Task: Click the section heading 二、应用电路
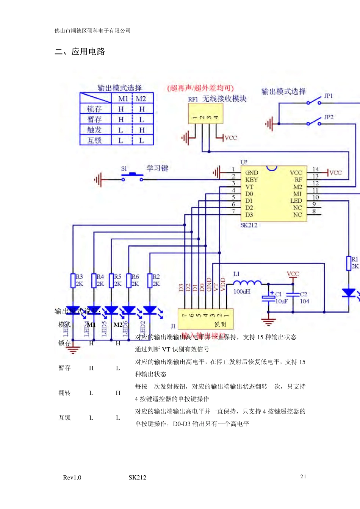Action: [80, 52]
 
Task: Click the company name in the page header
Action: [92, 31]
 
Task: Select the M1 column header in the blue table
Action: [123, 98]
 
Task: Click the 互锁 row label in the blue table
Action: [94, 141]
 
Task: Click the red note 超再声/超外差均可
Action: [200, 88]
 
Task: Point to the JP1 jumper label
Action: [328, 96]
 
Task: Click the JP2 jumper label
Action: [329, 117]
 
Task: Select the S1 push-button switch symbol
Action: [132, 176]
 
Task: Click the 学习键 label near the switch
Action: [157, 168]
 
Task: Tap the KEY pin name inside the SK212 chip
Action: [251, 180]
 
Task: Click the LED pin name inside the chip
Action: [296, 201]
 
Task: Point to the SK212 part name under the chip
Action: [249, 225]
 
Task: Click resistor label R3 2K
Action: [79, 280]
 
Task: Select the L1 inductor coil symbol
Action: [247, 283]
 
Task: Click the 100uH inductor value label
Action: [241, 292]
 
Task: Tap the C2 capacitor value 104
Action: [304, 301]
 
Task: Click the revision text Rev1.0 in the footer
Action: [72, 478]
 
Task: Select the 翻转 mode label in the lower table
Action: [64, 393]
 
